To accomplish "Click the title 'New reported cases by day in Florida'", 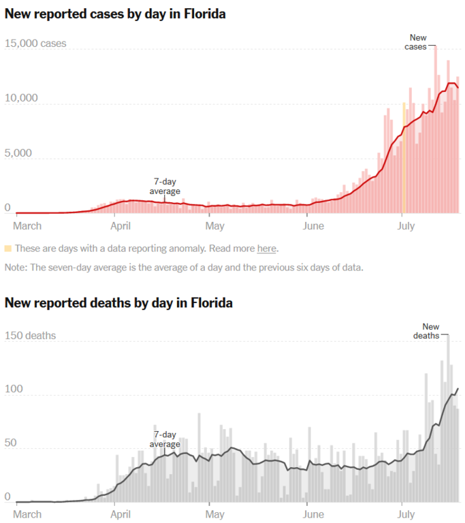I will coord(115,14).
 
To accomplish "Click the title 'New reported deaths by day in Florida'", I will coord(118,302).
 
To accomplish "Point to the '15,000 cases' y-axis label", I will coord(35,44).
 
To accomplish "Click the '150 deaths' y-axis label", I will coord(30,336).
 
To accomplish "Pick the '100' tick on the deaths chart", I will coord(13,390).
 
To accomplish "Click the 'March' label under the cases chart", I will coord(27,225).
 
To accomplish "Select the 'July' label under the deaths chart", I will coord(406,514).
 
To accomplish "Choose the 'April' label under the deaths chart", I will coord(121,514).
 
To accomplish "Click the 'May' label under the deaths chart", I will coord(214,514).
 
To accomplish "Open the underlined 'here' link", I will coord(266,249).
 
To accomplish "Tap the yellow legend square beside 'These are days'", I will coord(7,249).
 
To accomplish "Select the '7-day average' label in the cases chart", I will coord(165,187).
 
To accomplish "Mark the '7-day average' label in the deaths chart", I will coord(165,439).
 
